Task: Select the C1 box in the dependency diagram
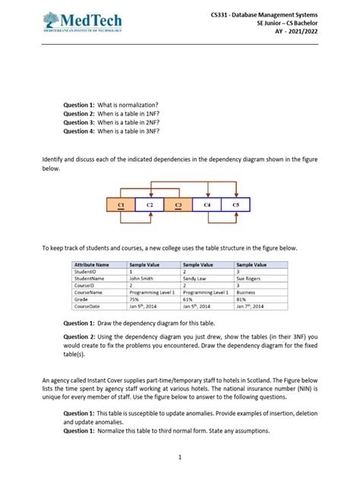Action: point(121,205)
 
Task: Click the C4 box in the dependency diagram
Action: point(207,205)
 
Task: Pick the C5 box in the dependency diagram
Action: point(235,205)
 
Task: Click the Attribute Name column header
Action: point(92,264)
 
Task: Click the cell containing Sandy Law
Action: point(197,278)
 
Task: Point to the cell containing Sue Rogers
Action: point(251,278)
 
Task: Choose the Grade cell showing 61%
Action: point(188,298)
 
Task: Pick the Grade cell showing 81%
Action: point(242,298)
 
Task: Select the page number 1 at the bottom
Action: point(180,456)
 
